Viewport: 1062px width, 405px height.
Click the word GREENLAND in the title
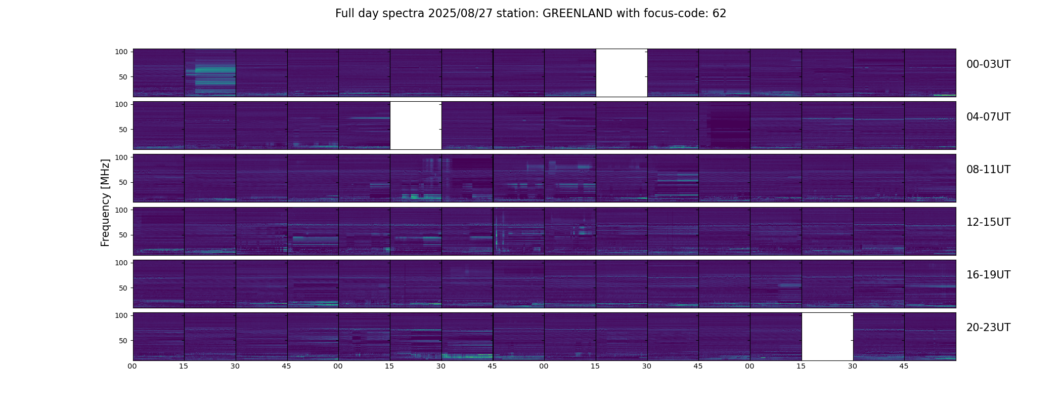pos(577,14)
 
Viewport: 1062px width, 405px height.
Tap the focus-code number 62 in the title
pos(719,14)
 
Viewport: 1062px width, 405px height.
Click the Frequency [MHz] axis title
pos(105,202)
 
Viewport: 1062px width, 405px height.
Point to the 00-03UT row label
pos(988,64)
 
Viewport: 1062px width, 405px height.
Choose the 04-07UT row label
pos(988,117)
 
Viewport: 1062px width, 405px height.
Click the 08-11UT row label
pos(988,170)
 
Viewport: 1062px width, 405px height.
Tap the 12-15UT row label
pos(988,222)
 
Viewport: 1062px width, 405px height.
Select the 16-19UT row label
pos(988,275)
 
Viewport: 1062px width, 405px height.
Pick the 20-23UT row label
pos(988,328)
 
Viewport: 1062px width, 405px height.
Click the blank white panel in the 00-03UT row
pos(622,72)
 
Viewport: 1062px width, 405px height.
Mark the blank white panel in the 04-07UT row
pos(416,125)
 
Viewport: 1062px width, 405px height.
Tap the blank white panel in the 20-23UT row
pos(827,336)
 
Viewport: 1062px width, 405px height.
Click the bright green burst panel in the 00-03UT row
pos(210,72)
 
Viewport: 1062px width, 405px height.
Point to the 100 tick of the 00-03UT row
pos(121,52)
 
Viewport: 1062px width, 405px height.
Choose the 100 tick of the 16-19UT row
pos(121,263)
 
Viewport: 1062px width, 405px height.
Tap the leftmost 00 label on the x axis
pos(132,366)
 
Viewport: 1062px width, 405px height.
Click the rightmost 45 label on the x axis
pos(904,366)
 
